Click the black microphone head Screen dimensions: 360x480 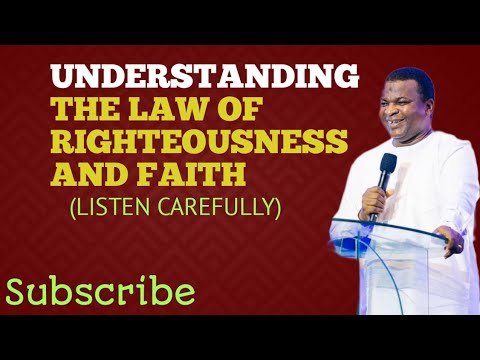pyautogui.click(x=387, y=162)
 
